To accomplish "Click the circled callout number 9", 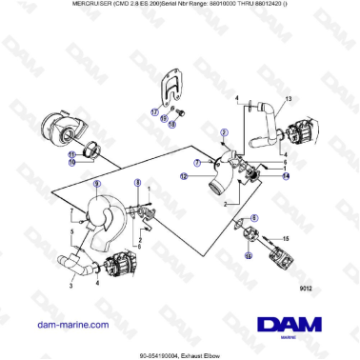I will click(96, 183).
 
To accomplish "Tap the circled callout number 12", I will click(183, 176).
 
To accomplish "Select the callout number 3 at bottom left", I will click(70, 285).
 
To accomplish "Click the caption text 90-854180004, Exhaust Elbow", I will click(179, 351).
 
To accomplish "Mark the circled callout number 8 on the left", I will click(137, 182).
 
